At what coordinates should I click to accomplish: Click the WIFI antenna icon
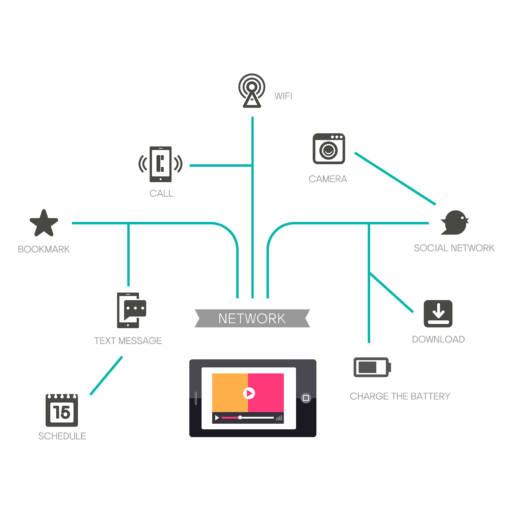(x=252, y=90)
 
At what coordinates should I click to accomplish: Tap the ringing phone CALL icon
(x=160, y=164)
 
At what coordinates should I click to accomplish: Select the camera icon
(x=329, y=149)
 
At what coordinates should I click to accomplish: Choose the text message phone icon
(x=131, y=310)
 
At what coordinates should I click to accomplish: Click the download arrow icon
(x=438, y=314)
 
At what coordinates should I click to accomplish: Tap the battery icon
(x=372, y=367)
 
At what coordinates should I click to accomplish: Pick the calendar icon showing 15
(x=62, y=411)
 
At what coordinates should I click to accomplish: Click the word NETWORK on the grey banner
(x=252, y=318)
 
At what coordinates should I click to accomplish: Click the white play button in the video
(x=249, y=393)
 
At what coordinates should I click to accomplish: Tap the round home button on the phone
(x=306, y=398)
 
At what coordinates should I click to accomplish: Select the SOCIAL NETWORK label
(x=454, y=248)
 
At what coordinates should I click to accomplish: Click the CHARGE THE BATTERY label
(x=400, y=396)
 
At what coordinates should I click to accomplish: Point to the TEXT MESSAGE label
(x=128, y=341)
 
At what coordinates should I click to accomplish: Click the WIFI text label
(x=283, y=96)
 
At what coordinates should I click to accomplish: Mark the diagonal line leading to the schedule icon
(x=106, y=376)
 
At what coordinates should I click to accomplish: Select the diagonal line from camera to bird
(x=395, y=179)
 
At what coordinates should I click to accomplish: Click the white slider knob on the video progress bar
(x=240, y=417)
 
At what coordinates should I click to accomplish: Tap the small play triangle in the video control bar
(x=217, y=418)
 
